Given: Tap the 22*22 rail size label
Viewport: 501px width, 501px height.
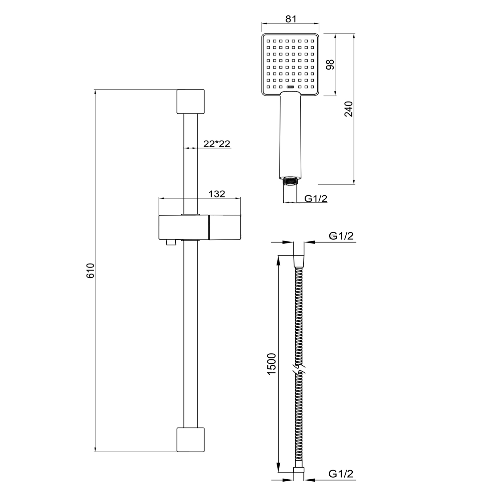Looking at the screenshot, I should click(x=217, y=144).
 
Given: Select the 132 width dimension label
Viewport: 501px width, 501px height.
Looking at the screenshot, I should click(x=217, y=194).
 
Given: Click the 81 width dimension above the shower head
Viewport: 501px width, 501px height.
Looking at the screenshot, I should click(x=291, y=19).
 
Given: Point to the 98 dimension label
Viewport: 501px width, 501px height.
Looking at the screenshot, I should click(x=330, y=64).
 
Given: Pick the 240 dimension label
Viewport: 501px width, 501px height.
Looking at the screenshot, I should click(x=348, y=109).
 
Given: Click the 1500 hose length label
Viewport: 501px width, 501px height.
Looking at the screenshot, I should click(x=272, y=363).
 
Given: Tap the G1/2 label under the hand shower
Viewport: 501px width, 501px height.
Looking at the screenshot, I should click(x=316, y=198).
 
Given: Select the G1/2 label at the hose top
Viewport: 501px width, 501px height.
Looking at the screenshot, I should click(x=341, y=236).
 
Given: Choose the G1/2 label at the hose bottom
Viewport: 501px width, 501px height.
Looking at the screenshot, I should click(x=341, y=474).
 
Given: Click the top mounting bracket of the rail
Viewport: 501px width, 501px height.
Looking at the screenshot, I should click(x=190, y=102).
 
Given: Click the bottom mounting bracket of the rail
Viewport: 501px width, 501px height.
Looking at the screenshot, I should click(x=190, y=439).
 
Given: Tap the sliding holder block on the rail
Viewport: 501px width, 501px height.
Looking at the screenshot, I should click(x=199, y=227).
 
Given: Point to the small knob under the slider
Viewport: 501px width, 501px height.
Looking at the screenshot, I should click(x=170, y=243).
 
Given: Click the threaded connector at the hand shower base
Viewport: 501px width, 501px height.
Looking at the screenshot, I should click(x=290, y=181).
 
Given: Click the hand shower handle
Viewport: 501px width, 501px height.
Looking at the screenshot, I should click(x=290, y=135).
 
